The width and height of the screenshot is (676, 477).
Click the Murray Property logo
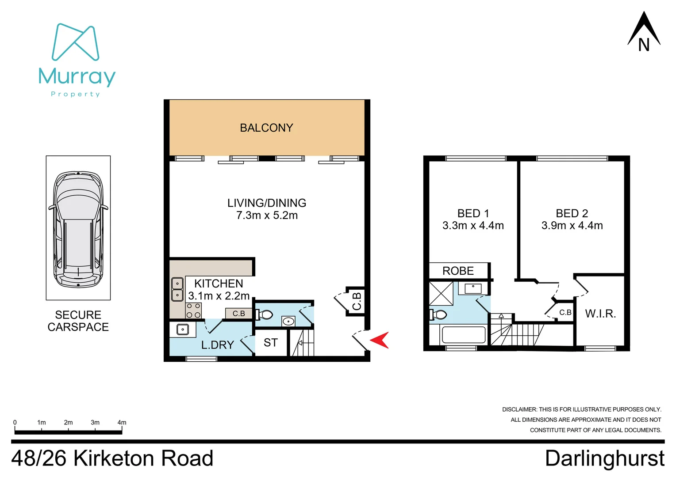click(x=77, y=60)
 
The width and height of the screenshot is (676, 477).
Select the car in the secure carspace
click(x=78, y=229)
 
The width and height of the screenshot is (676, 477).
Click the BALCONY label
click(x=266, y=128)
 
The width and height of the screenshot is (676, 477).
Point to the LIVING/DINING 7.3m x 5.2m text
click(x=267, y=209)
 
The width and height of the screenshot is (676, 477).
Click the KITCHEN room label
click(x=219, y=284)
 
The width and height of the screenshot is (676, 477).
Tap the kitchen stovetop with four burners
click(x=193, y=310)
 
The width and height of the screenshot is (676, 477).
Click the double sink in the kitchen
click(x=177, y=289)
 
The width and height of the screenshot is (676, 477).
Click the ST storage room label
click(x=271, y=343)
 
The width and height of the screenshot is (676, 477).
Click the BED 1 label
click(x=473, y=214)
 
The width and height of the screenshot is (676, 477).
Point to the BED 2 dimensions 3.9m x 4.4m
click(x=572, y=226)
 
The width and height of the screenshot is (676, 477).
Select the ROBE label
click(x=458, y=271)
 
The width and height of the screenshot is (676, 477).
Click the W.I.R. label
click(x=600, y=314)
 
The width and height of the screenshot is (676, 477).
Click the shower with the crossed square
click(x=441, y=293)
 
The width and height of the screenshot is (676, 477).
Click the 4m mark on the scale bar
click(x=122, y=423)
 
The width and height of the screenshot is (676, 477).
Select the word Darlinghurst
click(x=604, y=458)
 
